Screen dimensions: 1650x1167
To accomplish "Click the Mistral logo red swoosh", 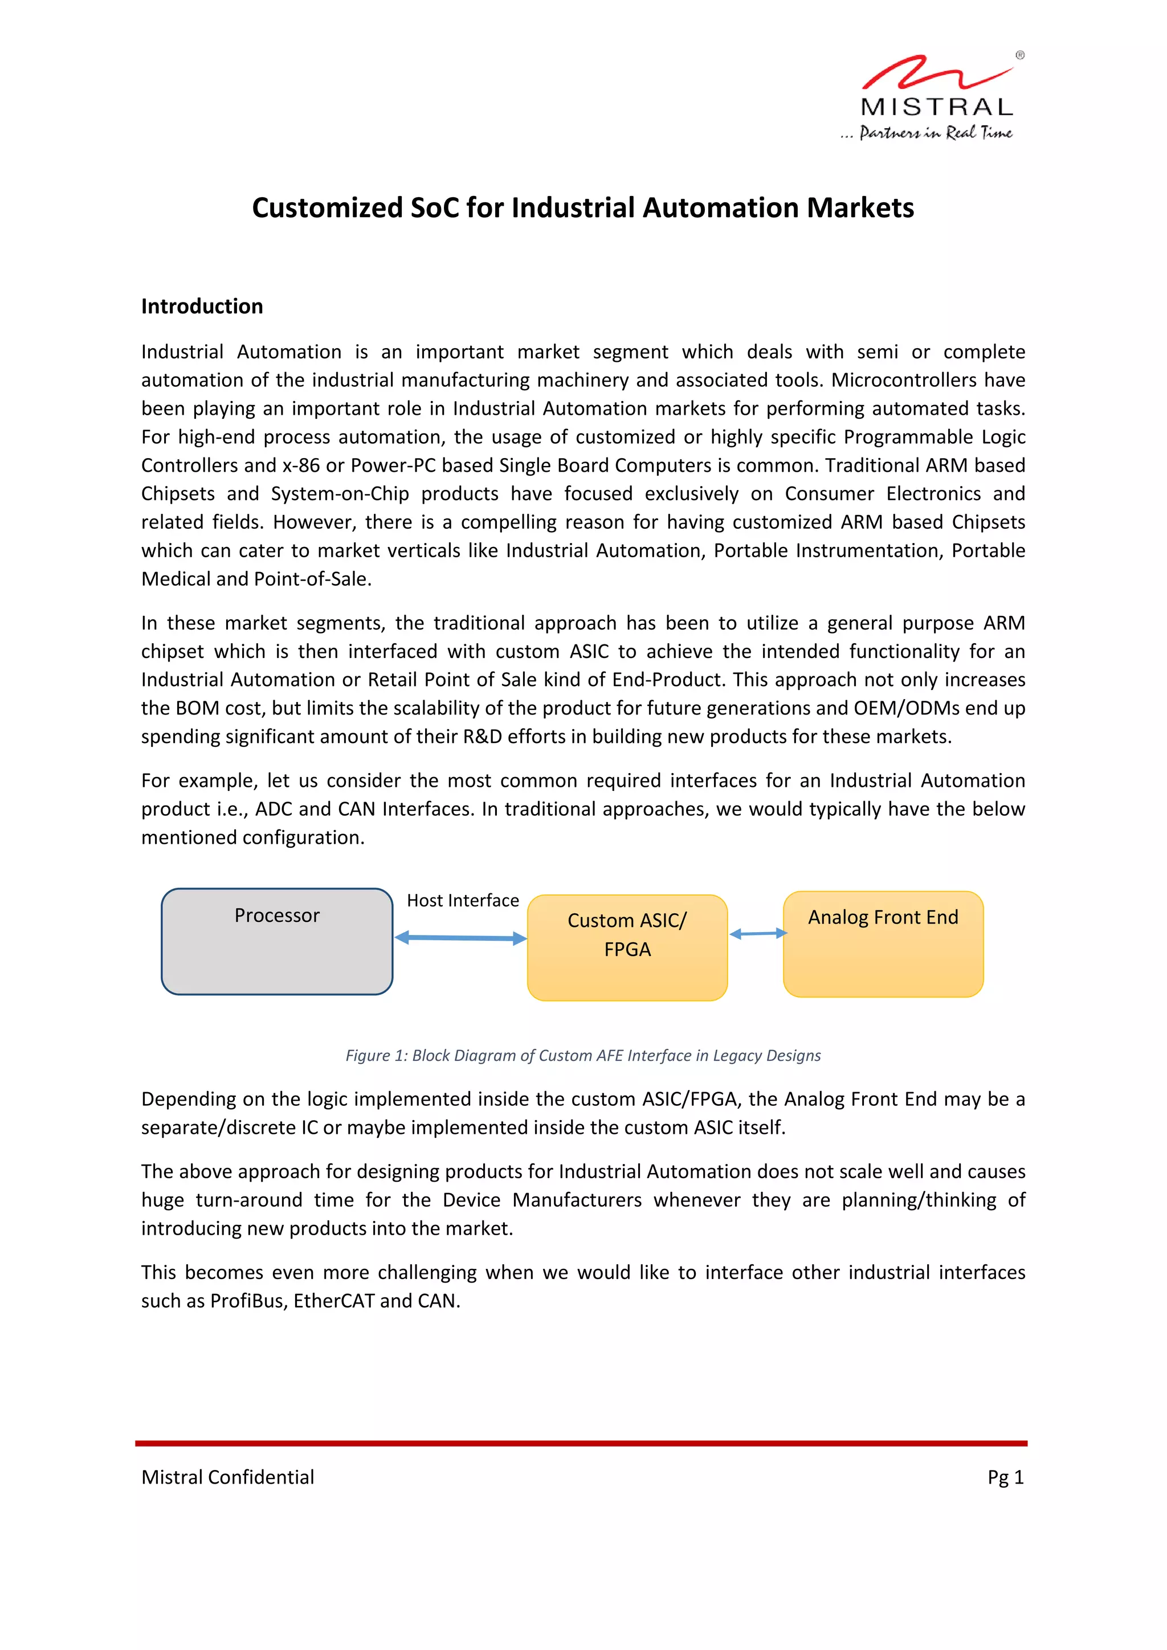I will click(934, 72).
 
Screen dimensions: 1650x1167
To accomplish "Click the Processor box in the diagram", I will click(277, 941).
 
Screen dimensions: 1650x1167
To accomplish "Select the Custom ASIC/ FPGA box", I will click(627, 947).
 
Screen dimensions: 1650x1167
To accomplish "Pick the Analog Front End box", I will click(883, 944).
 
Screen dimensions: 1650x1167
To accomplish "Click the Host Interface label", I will click(463, 900).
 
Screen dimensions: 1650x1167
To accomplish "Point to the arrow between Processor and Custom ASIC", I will click(460, 937).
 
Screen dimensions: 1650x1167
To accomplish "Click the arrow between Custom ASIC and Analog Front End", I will click(758, 933).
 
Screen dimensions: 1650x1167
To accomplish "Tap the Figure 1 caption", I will click(583, 1055).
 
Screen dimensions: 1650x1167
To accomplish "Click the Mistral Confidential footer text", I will click(228, 1477).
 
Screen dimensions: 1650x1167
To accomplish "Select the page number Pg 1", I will click(1005, 1477).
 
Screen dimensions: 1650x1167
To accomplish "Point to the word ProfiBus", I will click(248, 1301).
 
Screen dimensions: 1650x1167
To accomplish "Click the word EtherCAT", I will click(333, 1301).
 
